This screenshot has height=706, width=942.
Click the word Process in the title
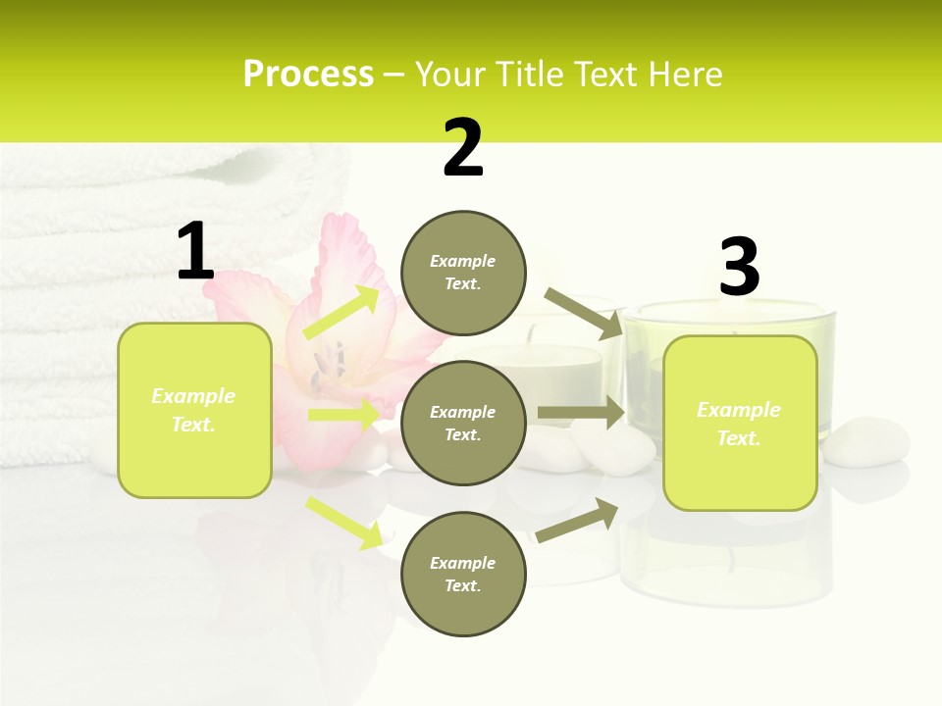pyautogui.click(x=308, y=75)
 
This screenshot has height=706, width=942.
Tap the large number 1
pyautogui.click(x=195, y=251)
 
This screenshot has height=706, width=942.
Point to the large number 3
pyautogui.click(x=739, y=268)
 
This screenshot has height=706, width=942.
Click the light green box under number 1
pyautogui.click(x=194, y=410)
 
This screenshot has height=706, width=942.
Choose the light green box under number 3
pyautogui.click(x=740, y=423)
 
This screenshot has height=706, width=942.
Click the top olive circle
pyautogui.click(x=463, y=273)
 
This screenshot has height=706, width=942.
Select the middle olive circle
pyautogui.click(x=463, y=423)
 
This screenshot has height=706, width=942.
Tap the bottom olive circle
pyautogui.click(x=463, y=574)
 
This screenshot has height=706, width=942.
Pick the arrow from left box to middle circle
pyautogui.click(x=343, y=415)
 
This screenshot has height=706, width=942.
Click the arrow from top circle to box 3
pyautogui.click(x=583, y=313)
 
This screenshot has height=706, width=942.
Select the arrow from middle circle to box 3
pyautogui.click(x=581, y=413)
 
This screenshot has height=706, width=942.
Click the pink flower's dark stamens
pyautogui.click(x=329, y=363)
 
